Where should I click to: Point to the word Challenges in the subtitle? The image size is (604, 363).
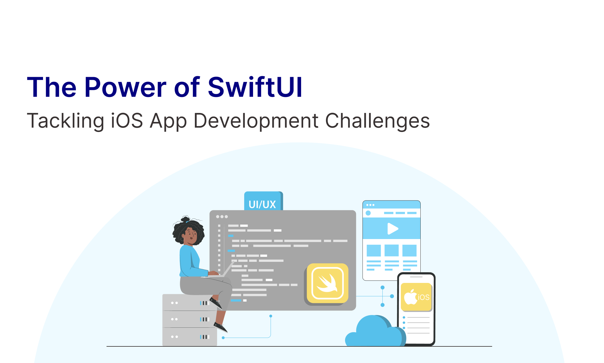coord(377,121)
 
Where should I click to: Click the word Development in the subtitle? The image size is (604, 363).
coord(256,121)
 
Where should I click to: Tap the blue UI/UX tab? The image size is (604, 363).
coord(263,201)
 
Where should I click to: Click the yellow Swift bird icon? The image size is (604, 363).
coord(328,283)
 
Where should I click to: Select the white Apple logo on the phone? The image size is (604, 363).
coord(411,297)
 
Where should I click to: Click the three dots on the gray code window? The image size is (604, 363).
coord(222,217)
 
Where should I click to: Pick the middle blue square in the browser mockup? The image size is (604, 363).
coord(392,251)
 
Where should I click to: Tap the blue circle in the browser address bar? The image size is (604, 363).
coord(368,213)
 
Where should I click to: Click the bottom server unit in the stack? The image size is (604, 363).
coord(190,337)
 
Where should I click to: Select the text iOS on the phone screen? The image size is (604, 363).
coord(424,297)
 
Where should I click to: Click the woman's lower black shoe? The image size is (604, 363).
coord(220,327)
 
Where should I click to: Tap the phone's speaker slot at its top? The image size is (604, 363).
coord(416,277)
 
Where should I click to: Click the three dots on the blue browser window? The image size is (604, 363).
coord(370,205)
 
